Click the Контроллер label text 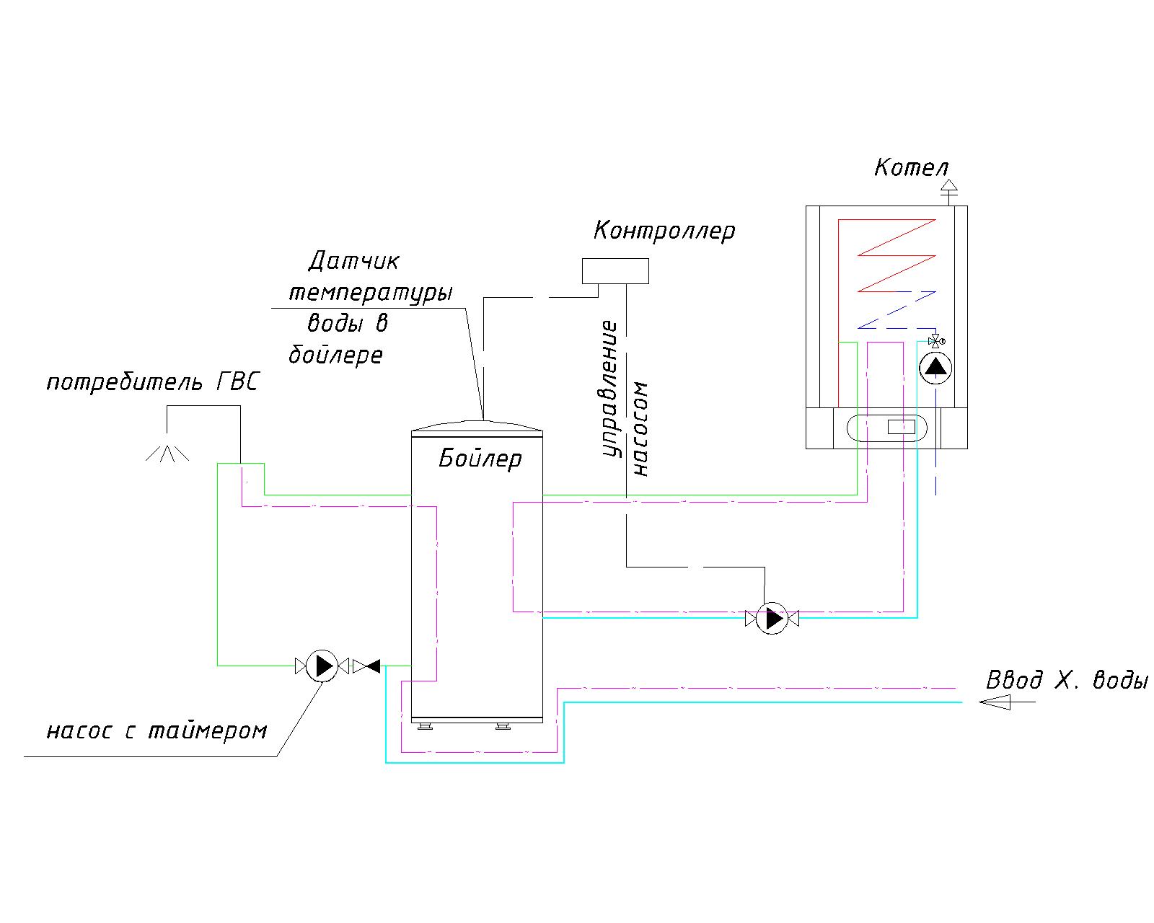coord(664,231)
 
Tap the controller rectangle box coord(615,271)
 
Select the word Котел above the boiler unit coord(911,168)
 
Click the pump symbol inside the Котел coord(935,368)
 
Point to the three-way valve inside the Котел coord(935,341)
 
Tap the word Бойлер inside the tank coord(480,459)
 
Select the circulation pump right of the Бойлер coord(772,619)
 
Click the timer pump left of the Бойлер coord(322,666)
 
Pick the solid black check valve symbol coord(366,666)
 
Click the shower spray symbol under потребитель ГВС coord(167,453)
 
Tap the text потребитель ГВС coord(153,383)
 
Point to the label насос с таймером coord(157,730)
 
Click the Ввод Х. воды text coord(1067,680)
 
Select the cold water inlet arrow coord(1007,702)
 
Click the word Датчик coord(354,262)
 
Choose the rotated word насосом coord(640,429)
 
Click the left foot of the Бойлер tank coord(425,726)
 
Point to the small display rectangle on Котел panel coord(902,427)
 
